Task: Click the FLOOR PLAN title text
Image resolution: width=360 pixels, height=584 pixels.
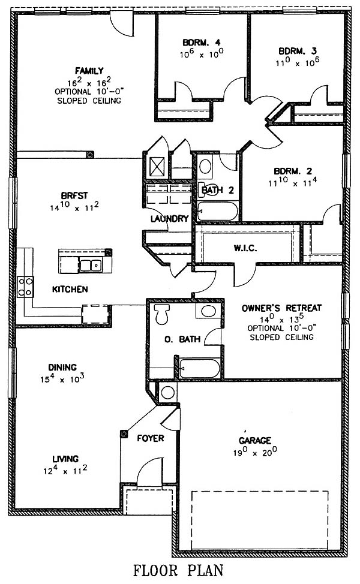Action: (x=179, y=571)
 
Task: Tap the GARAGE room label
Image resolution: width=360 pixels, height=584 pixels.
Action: (x=255, y=441)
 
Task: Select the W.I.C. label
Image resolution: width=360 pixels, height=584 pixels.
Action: (x=245, y=248)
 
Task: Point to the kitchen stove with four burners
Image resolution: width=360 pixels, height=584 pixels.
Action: (x=25, y=287)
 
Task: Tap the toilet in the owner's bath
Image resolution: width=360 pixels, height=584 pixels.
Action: (x=162, y=314)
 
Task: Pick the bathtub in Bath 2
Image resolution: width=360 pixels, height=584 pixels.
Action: (x=217, y=211)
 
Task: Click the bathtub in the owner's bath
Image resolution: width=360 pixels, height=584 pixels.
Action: (x=199, y=368)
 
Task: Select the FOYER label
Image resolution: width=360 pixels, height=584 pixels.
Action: (x=151, y=438)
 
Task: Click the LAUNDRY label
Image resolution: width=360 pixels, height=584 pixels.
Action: (x=170, y=219)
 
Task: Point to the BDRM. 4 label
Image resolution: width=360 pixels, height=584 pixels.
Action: (x=201, y=42)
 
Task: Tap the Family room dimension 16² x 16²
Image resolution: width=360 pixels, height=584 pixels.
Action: (x=89, y=82)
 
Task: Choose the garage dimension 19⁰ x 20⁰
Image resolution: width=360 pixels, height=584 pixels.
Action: (x=255, y=451)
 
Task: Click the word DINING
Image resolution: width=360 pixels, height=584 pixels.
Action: (x=62, y=367)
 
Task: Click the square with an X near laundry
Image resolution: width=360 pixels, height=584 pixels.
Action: (x=157, y=166)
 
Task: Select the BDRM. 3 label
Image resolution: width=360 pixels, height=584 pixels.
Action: (x=298, y=50)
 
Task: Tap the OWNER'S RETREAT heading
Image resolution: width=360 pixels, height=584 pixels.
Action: (x=281, y=308)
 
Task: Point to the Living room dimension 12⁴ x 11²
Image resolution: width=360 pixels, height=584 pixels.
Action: (x=65, y=470)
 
